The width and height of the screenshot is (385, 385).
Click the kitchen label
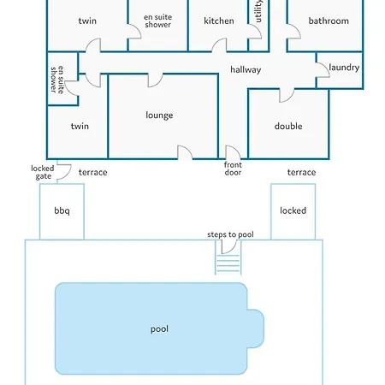tap(219, 21)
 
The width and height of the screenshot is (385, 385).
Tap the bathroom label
tap(329, 21)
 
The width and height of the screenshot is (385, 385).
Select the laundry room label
tap(344, 68)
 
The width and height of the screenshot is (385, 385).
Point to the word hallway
tap(246, 70)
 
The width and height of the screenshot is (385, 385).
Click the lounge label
tap(159, 115)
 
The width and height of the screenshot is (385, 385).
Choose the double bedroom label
tap(288, 126)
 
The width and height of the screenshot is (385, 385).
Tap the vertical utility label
tap(258, 11)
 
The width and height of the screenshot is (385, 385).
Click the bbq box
tap(62, 211)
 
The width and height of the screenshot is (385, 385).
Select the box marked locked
tap(293, 211)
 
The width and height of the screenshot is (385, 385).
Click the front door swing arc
tap(237, 149)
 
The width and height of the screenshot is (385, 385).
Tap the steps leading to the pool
tap(228, 263)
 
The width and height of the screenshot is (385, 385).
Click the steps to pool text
tap(230, 234)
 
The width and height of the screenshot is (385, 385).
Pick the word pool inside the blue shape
tap(159, 329)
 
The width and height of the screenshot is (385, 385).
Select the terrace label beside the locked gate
tap(93, 172)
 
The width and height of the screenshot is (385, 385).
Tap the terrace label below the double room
tap(301, 172)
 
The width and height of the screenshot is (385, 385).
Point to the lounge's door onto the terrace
tap(188, 149)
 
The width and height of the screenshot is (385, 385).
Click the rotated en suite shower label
tap(57, 80)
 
